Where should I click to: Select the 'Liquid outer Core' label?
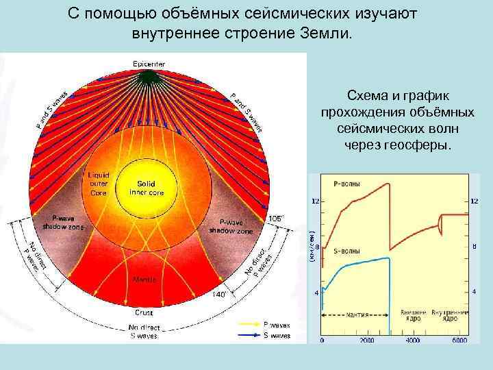point(100,184)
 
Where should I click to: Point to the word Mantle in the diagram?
point(144,280)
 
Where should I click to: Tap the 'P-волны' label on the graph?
point(346,184)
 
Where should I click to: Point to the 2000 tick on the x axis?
point(368,341)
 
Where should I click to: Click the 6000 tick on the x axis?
point(459,341)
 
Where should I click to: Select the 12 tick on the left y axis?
point(315,201)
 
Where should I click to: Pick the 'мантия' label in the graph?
point(357,316)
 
